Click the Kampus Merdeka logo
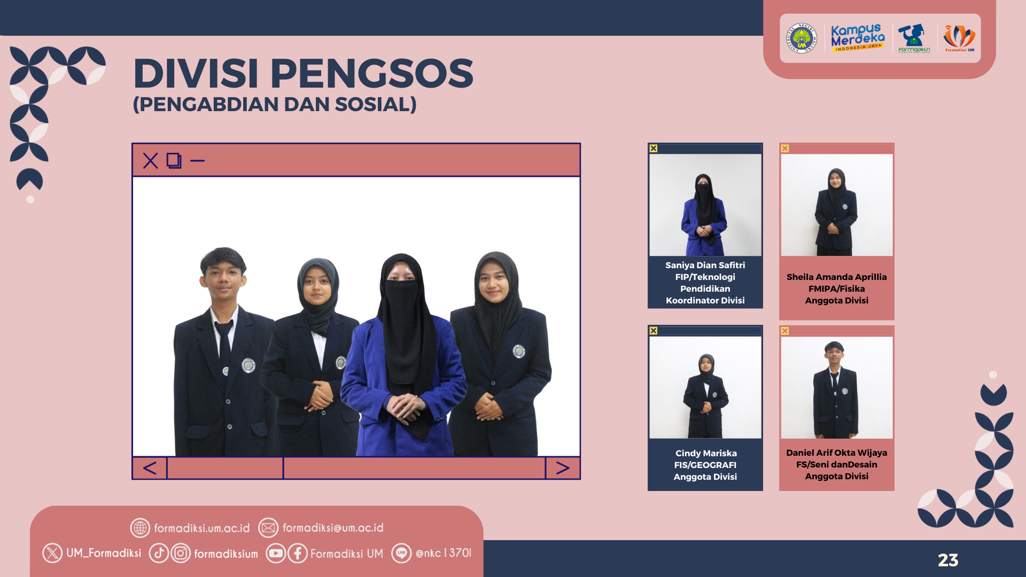(858, 38)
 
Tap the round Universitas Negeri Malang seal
(802, 38)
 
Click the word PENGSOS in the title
(372, 73)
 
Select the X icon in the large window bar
(151, 160)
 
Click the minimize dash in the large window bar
(197, 160)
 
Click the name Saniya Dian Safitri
(705, 265)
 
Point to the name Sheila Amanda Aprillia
(836, 277)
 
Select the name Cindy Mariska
(706, 453)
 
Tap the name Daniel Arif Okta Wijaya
(836, 453)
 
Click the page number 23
(948, 560)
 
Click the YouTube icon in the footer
(276, 553)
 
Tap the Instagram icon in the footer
(181, 553)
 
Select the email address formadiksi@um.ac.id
(333, 528)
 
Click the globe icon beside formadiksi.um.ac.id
(140, 528)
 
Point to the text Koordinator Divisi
(705, 300)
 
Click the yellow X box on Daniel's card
(785, 331)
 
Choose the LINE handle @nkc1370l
(444, 553)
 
